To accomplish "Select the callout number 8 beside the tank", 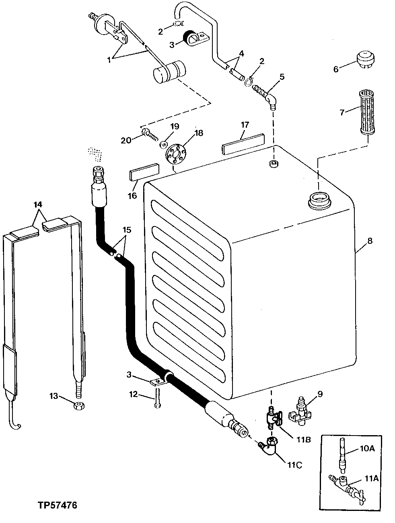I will (x=370, y=241).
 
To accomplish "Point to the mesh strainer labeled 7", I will (x=365, y=115).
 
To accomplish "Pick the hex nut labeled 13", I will (x=78, y=407).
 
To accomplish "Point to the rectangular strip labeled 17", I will (x=243, y=144).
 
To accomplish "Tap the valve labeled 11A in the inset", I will (x=345, y=485).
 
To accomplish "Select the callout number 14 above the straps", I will (x=38, y=204).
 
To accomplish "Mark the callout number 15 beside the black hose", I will (x=127, y=230).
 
